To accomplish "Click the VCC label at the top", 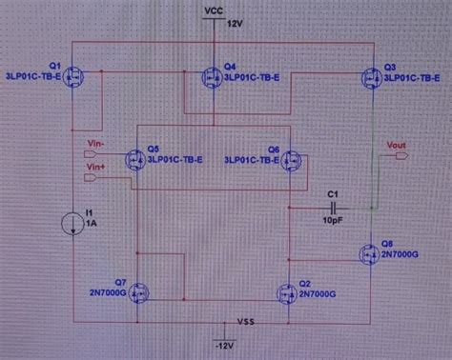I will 214,10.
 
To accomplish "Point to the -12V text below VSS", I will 223,343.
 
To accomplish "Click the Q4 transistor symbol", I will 212,76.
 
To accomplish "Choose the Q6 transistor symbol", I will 292,159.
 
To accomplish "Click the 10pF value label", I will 333,219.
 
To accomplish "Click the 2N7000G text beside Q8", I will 400,257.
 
